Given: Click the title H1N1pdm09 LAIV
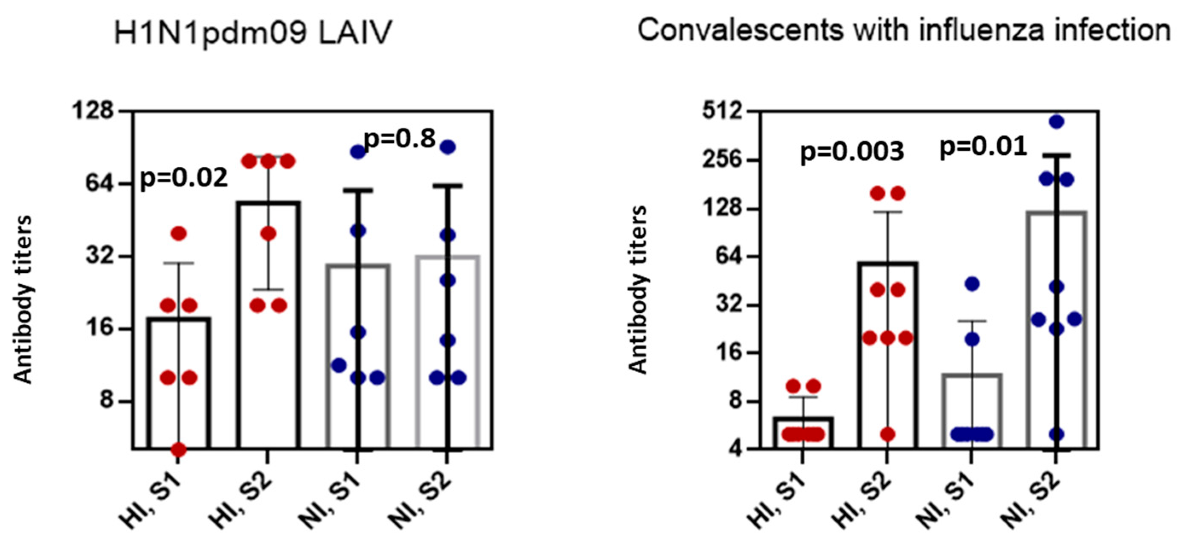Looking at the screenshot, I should coord(253,33).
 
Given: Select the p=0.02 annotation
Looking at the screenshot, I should coord(183,178).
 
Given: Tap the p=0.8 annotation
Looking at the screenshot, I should coord(399,139).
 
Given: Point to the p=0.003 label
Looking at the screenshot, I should coord(852,152).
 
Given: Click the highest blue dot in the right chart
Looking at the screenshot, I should coord(1056,122).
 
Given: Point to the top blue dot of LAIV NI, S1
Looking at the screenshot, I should coord(358,152).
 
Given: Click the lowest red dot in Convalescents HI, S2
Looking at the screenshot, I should coord(888,434).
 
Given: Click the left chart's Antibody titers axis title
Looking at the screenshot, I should coord(23,300).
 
